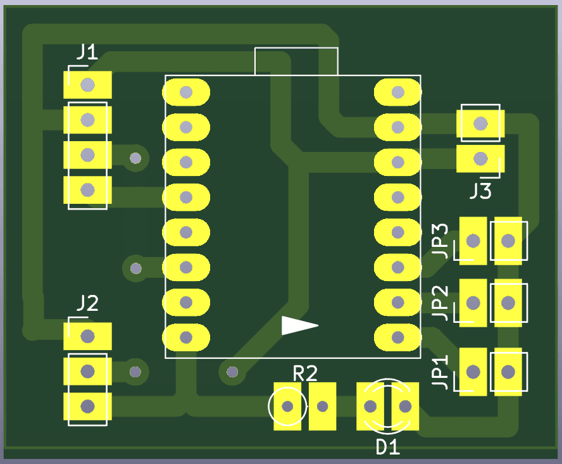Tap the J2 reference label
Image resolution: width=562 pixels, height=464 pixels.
click(87, 304)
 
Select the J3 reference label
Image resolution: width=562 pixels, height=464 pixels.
click(480, 191)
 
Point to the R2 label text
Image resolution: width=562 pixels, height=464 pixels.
click(304, 373)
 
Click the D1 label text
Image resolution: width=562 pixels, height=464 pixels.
click(387, 447)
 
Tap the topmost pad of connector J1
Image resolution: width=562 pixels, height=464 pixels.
click(87, 84)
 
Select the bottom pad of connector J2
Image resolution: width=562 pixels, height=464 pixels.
click(87, 406)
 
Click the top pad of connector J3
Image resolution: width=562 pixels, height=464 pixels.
click(480, 123)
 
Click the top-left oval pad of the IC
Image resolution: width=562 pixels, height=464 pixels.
click(186, 92)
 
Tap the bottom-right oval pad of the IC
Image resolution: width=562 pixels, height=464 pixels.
click(397, 337)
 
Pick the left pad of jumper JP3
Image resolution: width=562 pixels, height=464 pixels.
click(473, 241)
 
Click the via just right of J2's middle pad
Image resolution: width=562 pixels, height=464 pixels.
click(135, 372)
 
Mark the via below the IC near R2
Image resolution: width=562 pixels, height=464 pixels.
click(232, 372)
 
